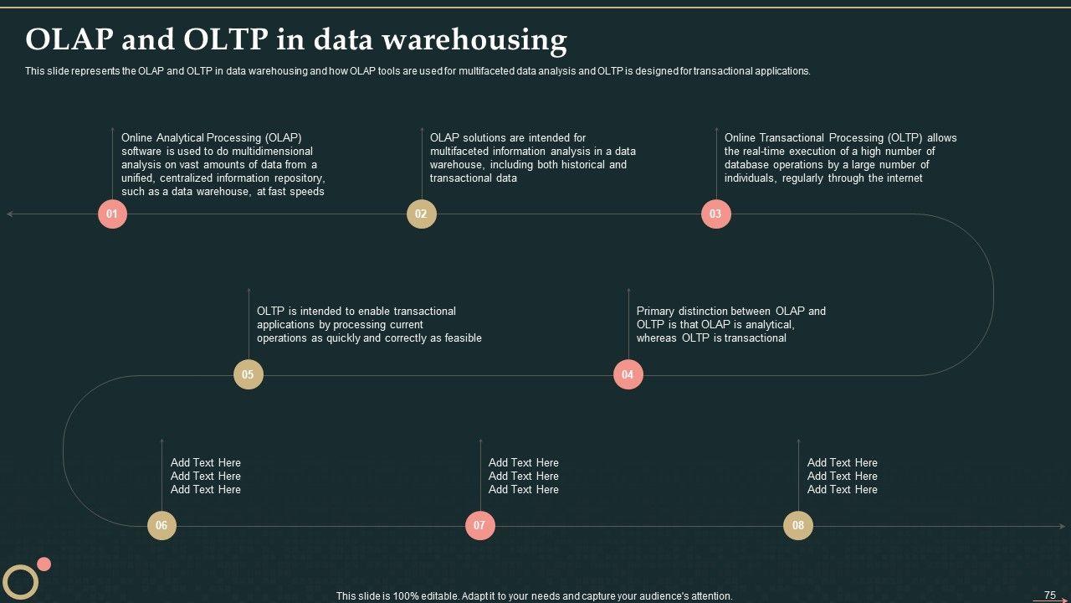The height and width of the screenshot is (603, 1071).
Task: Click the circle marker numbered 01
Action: coord(112,214)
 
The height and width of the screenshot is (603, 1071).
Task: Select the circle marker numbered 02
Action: coord(421,214)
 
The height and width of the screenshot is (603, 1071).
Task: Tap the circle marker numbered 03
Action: coord(715,214)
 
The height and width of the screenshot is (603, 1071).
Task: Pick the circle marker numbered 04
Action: coord(628,374)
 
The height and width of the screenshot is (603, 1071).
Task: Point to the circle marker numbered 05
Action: coord(248,374)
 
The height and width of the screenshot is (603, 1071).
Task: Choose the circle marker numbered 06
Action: coord(161,526)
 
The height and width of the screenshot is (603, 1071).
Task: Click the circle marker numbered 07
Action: coord(479,526)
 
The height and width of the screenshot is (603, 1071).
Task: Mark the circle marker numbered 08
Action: coord(797,526)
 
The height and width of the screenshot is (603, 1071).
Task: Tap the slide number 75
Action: coord(1050,595)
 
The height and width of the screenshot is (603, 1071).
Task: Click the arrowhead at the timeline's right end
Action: coord(1062,526)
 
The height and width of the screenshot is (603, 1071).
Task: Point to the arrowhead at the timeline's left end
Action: coord(10,214)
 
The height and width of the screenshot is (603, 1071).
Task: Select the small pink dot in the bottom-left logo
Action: coord(44,564)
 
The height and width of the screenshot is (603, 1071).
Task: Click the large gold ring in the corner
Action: coord(20,581)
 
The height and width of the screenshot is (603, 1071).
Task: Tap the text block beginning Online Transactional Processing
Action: coord(840,157)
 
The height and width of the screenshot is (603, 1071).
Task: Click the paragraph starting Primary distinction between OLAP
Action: coord(730,324)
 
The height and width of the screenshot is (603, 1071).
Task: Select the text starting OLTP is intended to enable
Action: coord(369,324)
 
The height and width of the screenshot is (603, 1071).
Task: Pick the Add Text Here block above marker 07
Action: coord(523,476)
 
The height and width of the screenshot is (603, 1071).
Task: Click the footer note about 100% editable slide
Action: coord(534,596)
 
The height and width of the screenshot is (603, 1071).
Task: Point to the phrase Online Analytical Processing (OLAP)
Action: coord(211,137)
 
